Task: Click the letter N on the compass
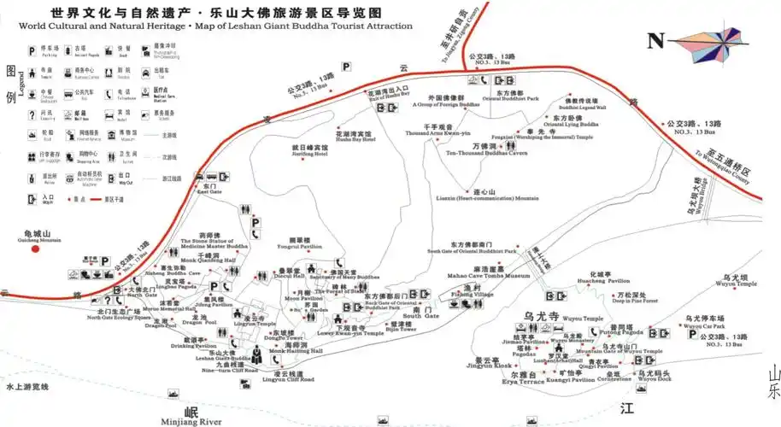point(656,40)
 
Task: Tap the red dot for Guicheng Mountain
point(36,250)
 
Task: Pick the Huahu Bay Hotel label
point(355,138)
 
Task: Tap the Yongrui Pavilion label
point(299,246)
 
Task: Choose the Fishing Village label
point(472,294)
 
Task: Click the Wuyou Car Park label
point(705,326)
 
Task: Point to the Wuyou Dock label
point(653,378)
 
